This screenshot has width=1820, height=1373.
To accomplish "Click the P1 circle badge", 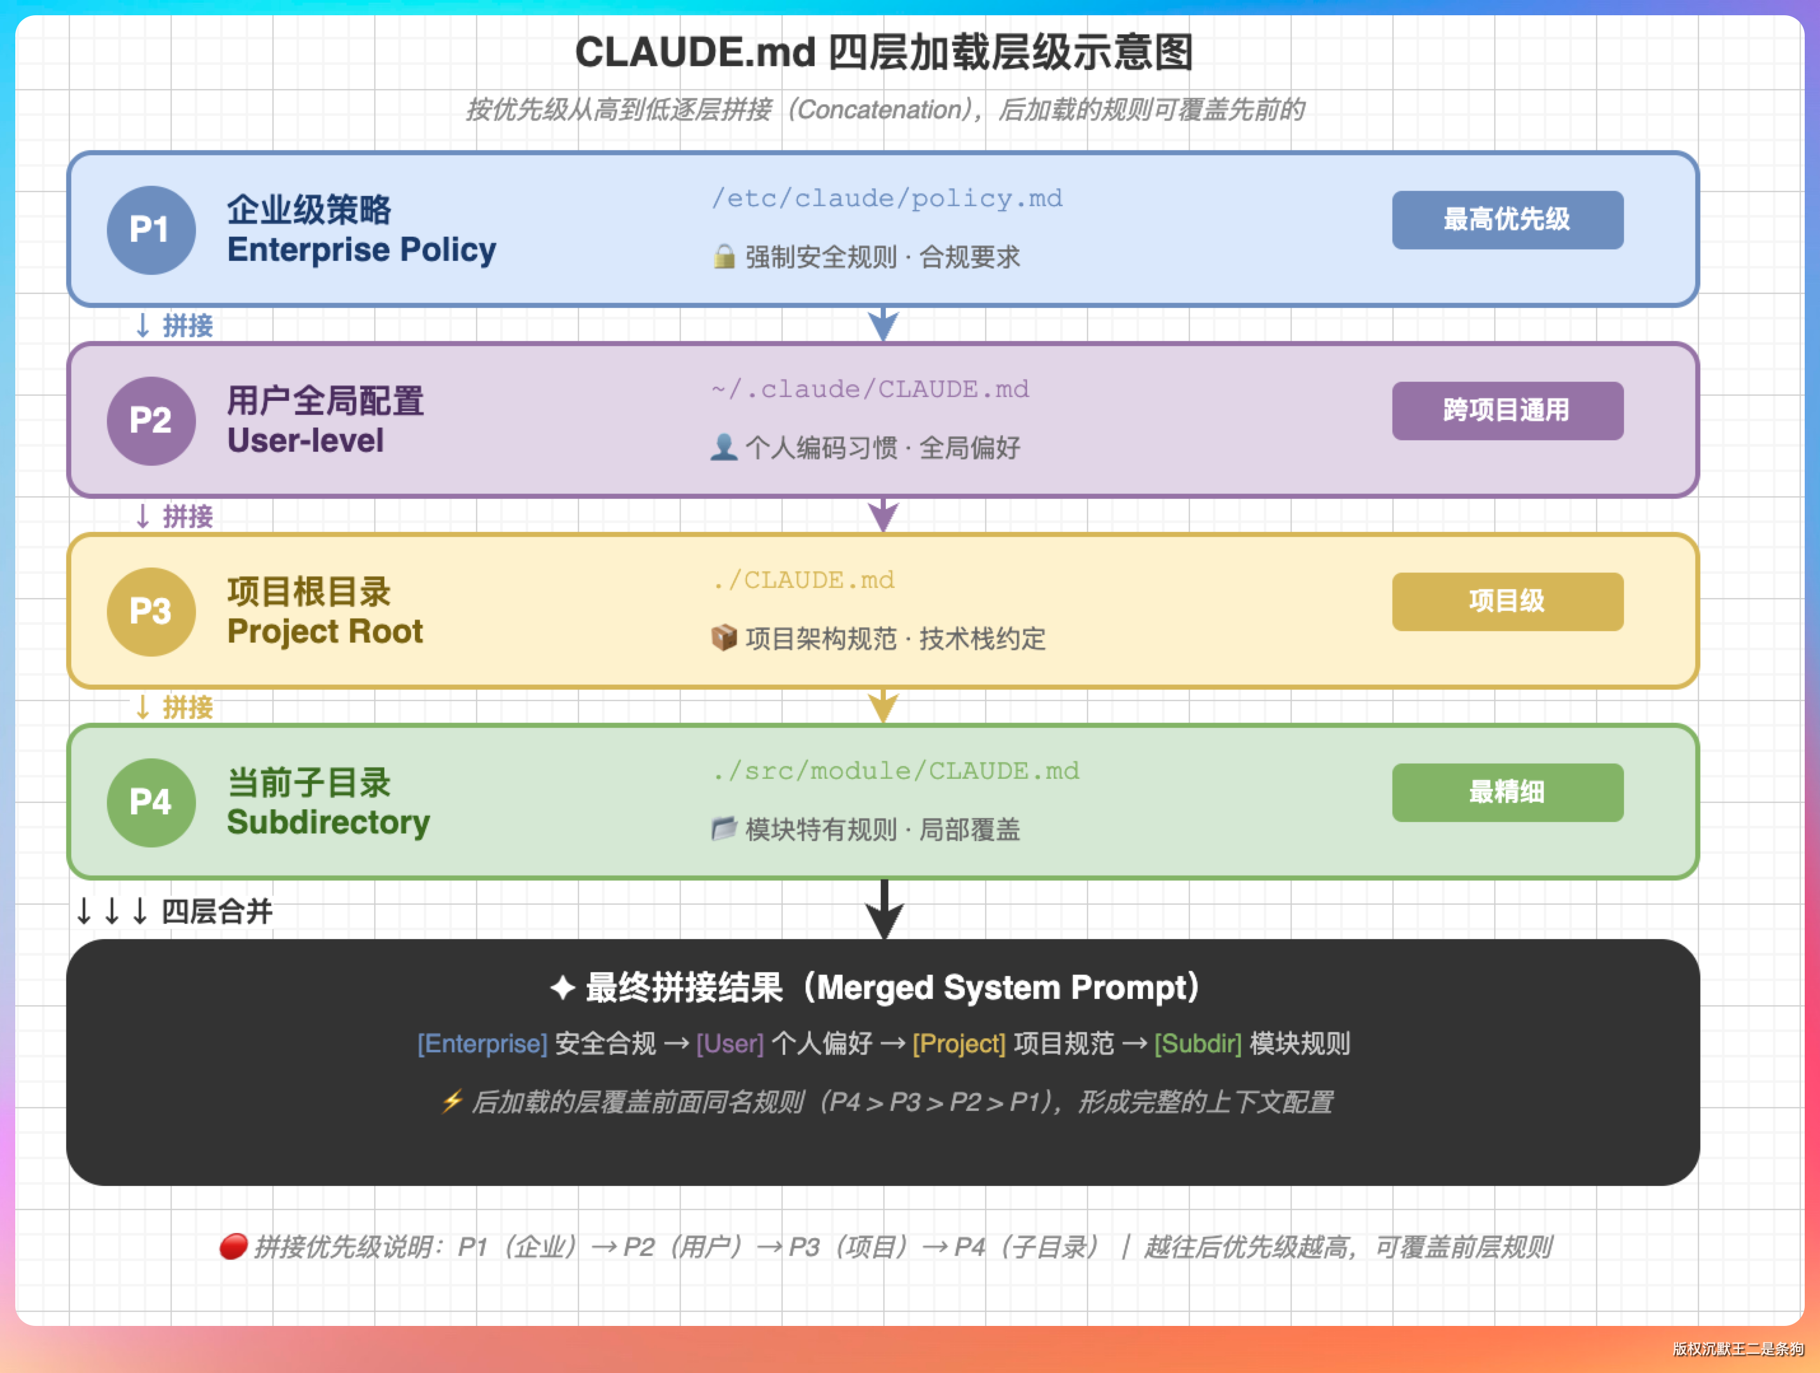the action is [151, 230].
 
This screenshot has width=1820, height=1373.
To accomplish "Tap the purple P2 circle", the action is [151, 421].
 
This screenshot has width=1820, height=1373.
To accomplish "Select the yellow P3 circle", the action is [151, 611].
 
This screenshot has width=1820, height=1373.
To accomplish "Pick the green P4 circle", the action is [151, 802].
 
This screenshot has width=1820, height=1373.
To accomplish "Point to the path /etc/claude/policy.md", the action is [887, 199].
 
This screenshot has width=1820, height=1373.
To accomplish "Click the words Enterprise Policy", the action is [361, 250].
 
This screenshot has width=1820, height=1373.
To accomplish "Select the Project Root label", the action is [325, 632].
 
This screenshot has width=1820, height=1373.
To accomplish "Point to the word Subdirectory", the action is [328, 823].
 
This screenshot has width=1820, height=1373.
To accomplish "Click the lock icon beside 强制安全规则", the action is [724, 256].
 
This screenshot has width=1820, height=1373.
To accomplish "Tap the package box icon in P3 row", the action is [724, 638].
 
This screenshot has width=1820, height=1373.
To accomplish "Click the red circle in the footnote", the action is [234, 1246].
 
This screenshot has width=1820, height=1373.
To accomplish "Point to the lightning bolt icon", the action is [452, 1101].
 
